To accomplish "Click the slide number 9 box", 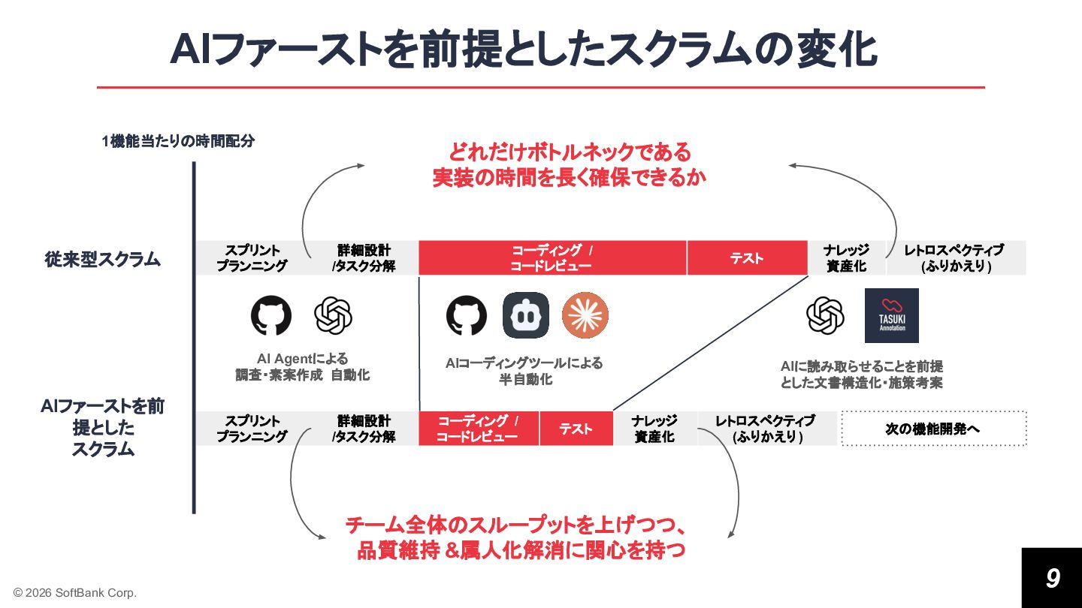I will pos(1051,577).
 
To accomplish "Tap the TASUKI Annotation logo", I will pos(892,316).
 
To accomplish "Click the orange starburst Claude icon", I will pos(585,315).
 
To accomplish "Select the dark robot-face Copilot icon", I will pos(526,315).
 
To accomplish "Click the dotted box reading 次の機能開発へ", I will pos(933,429).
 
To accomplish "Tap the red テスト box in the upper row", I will pos(747,258).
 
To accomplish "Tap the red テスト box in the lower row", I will pos(576,429).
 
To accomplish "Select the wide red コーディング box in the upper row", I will pos(552,258).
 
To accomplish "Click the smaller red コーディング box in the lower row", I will pos(478,429).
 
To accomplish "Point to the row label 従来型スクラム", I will pos(102,259).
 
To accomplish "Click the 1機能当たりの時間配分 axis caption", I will pos(178,141).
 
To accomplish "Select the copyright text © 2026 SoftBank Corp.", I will pos(75,593).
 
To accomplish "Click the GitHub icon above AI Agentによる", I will pos(271,315).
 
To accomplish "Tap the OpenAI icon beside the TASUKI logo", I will pos(826,315).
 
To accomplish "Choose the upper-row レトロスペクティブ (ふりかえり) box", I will pos(955,258).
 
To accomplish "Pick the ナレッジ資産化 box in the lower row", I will pos(654,429).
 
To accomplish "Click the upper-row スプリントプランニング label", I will pos(252,258).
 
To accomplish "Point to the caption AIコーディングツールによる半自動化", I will pos(524,371).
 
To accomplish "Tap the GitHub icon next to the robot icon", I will pos(467,315).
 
